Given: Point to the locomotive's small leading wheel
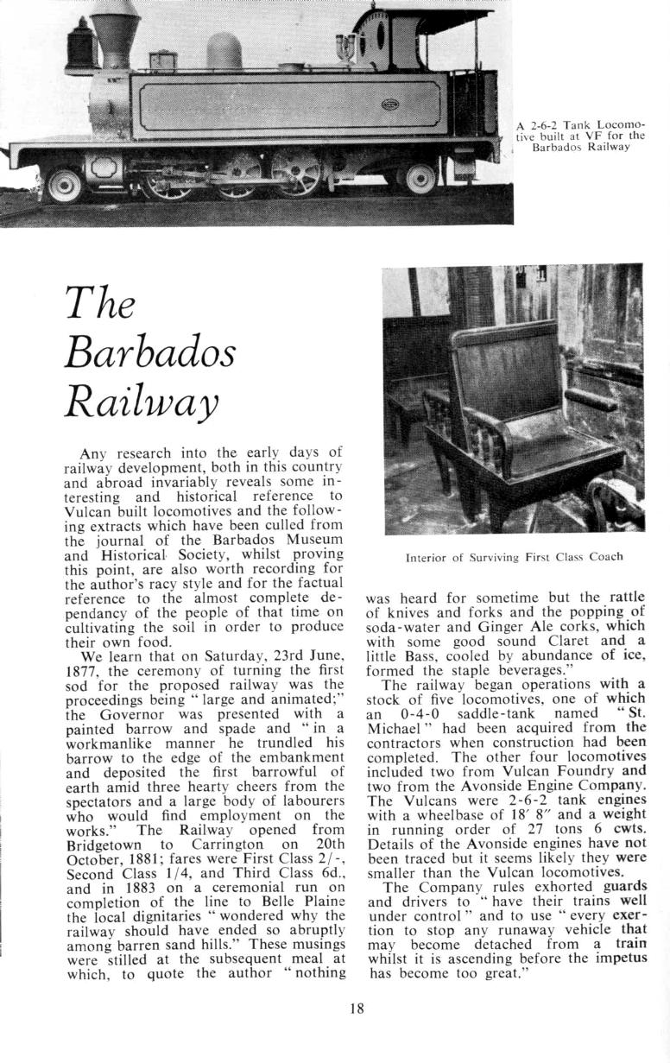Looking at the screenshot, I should [x=64, y=183].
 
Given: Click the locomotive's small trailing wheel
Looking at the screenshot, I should [x=420, y=179].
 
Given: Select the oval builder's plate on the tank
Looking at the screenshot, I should [x=390, y=104].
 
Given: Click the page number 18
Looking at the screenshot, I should [x=357, y=1006].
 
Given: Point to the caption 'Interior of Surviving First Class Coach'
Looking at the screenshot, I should [x=514, y=557].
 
